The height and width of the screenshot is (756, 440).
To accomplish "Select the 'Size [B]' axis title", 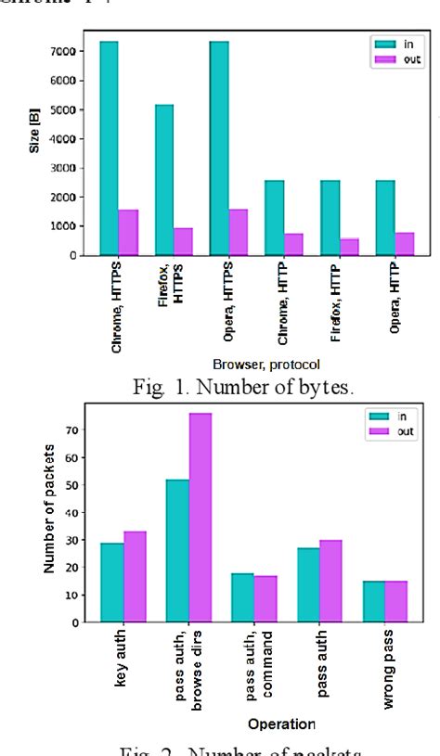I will (x=35, y=144).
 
